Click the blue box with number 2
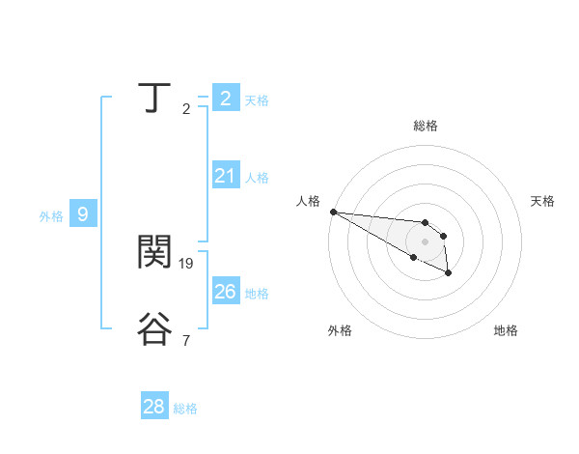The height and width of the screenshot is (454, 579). (x=225, y=99)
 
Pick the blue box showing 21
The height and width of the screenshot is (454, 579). (x=225, y=176)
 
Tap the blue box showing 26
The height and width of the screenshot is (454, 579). (x=225, y=292)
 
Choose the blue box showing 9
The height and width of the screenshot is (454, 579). (x=82, y=214)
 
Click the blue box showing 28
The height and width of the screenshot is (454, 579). (x=154, y=407)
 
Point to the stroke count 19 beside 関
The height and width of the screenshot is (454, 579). (x=186, y=263)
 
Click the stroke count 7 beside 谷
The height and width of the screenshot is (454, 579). (x=185, y=340)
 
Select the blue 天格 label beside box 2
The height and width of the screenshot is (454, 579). (x=257, y=100)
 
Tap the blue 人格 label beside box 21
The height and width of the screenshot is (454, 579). (x=257, y=178)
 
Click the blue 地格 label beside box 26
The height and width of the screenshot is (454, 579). (x=257, y=294)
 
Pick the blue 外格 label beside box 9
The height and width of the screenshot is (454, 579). (x=51, y=216)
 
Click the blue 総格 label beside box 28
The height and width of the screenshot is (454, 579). (x=185, y=409)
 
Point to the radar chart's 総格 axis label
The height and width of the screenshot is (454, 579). (x=426, y=126)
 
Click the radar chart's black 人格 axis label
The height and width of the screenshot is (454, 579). (x=308, y=201)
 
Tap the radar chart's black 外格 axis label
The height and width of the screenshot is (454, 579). (x=340, y=330)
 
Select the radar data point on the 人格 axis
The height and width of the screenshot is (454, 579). (x=333, y=212)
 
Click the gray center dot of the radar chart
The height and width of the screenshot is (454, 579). (x=426, y=241)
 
